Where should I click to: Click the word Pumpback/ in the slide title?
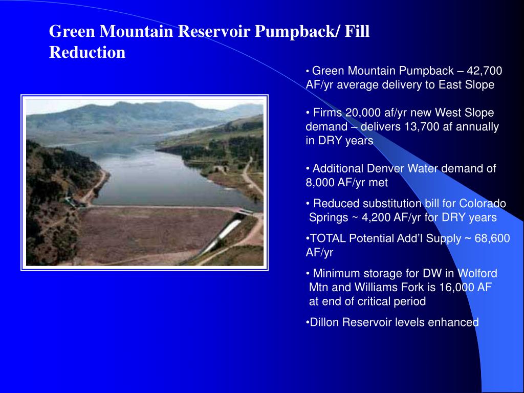click(293, 32)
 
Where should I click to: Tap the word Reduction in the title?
click(87, 52)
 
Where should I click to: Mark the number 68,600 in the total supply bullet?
click(492, 238)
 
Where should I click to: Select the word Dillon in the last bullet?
click(325, 322)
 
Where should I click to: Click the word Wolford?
click(477, 273)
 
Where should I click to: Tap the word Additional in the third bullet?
click(336, 169)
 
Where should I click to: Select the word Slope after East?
click(479, 85)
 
